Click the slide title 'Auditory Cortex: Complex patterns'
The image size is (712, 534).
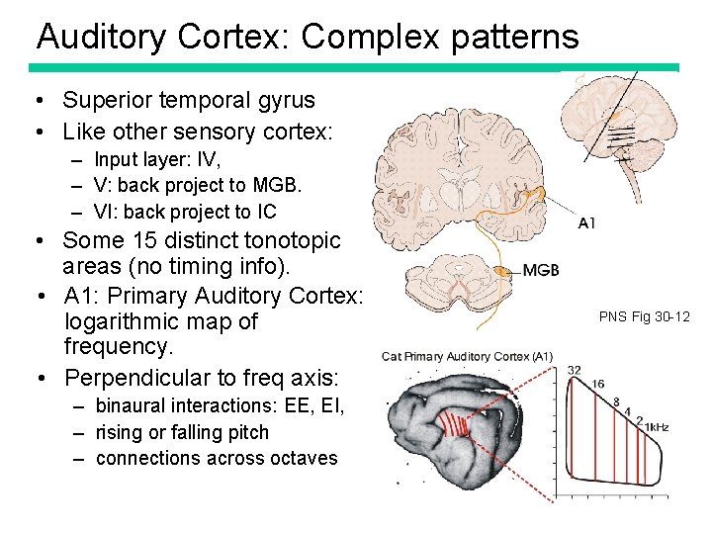307,37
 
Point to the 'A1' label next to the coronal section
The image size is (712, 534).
586,223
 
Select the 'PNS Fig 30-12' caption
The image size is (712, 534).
644,316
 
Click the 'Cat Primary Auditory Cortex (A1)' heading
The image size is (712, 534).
467,356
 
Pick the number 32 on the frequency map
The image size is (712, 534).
574,370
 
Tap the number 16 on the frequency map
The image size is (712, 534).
598,384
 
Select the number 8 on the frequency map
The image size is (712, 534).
616,401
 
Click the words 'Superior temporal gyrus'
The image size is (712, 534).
188,100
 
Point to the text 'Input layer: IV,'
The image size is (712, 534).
158,160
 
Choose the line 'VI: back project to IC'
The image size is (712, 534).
185,212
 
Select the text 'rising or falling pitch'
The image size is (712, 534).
182,432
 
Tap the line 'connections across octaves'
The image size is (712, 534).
217,458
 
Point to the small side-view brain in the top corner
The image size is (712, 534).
618,124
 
